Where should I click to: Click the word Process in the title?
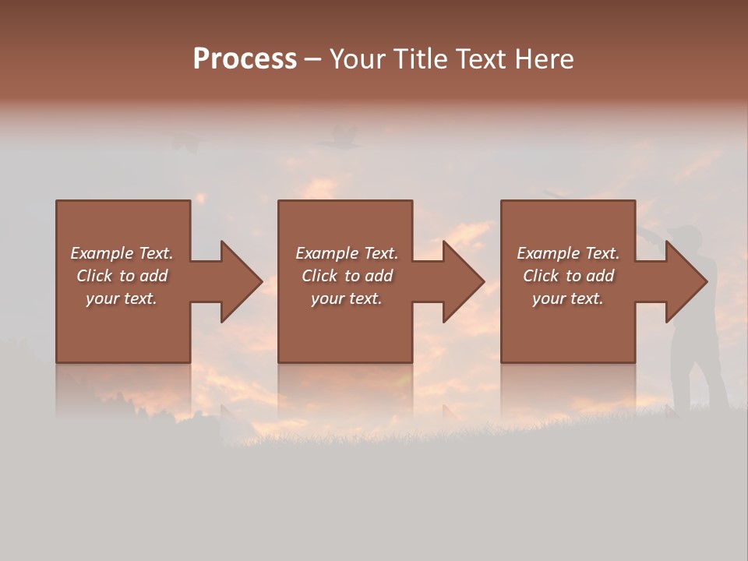pyautogui.click(x=245, y=59)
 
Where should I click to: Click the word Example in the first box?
pyautogui.click(x=102, y=253)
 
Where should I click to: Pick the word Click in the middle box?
pyautogui.click(x=319, y=276)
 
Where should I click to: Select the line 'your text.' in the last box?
pyautogui.click(x=568, y=298)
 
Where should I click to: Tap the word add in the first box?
pyautogui.click(x=154, y=276)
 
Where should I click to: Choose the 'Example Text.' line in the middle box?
pyautogui.click(x=347, y=253)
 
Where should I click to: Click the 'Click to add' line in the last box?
pyautogui.click(x=568, y=276)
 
